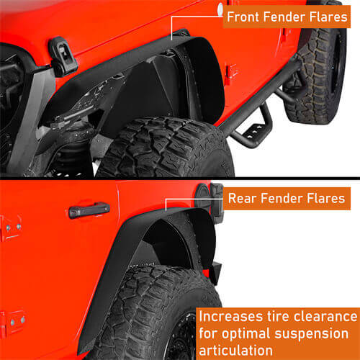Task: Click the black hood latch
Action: [63, 55]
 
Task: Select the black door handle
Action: [89, 210]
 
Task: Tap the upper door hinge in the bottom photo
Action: [12, 228]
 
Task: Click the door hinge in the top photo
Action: [230, 71]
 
